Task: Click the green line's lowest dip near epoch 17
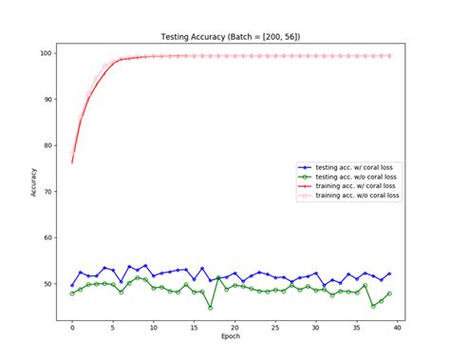coord(210,308)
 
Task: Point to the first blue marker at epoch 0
coord(72,285)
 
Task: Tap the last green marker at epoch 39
coord(389,294)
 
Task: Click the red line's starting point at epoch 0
coord(72,162)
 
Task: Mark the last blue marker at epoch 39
coord(389,274)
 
